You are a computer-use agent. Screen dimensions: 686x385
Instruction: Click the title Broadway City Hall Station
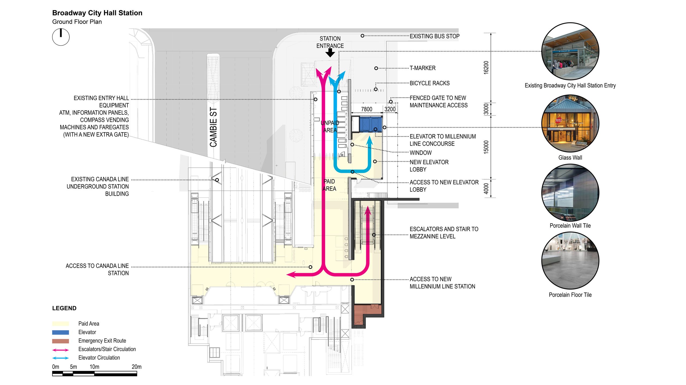click(x=97, y=13)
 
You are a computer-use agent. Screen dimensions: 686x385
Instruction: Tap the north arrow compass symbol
click(x=61, y=37)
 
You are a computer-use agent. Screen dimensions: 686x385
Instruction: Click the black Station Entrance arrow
click(x=330, y=53)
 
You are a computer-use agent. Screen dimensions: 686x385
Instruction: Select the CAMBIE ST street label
click(x=213, y=127)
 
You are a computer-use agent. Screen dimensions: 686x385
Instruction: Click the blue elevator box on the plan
click(x=370, y=124)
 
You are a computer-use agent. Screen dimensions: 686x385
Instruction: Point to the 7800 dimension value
click(x=367, y=109)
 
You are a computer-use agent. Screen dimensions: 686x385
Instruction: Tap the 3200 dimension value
click(x=390, y=109)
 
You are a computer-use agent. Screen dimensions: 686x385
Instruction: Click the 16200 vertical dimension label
click(x=486, y=67)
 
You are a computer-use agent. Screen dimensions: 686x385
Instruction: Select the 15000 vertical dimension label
click(x=486, y=147)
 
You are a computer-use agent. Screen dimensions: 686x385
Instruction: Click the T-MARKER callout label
click(x=423, y=68)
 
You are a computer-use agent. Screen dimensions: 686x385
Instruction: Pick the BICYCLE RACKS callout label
click(x=430, y=83)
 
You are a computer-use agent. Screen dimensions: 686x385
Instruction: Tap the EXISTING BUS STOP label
click(x=435, y=36)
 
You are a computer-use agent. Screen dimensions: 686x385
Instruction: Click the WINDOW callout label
click(x=421, y=153)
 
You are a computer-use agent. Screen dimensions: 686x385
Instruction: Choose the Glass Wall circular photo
click(x=570, y=123)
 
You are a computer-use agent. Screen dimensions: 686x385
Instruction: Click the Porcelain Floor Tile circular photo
click(x=570, y=261)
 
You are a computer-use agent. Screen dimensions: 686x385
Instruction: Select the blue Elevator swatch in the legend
click(x=61, y=332)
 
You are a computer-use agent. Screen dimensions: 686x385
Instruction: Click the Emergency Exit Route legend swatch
click(x=61, y=341)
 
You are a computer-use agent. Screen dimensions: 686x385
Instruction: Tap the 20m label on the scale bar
click(x=136, y=367)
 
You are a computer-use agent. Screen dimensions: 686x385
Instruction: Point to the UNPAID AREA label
click(x=330, y=126)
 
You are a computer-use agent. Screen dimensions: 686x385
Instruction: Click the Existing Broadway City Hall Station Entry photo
click(x=570, y=51)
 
